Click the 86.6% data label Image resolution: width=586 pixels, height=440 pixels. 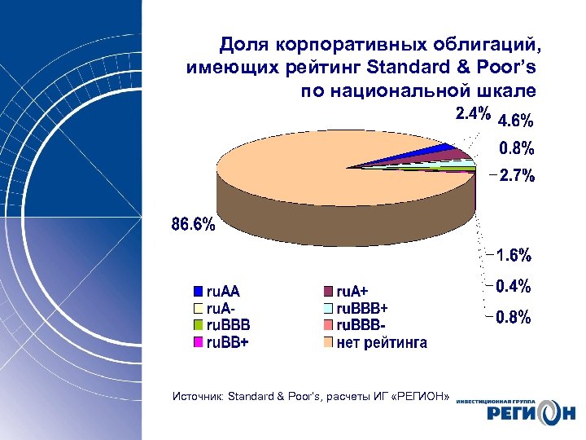(193, 224)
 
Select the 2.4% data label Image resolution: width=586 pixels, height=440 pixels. (472, 115)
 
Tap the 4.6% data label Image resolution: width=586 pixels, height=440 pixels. (515, 121)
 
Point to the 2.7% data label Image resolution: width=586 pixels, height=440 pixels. (516, 175)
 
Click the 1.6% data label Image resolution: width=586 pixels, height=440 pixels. (514, 256)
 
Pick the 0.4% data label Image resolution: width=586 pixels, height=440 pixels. (514, 286)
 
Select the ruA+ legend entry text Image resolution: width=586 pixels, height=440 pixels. (352, 291)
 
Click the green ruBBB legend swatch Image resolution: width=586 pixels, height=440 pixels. (198, 325)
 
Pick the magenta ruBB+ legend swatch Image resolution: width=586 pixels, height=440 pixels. (198, 342)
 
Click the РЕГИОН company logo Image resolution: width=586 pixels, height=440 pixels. (521, 411)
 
